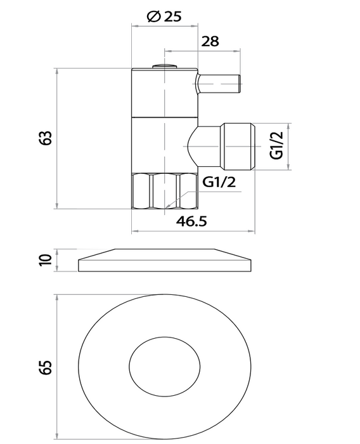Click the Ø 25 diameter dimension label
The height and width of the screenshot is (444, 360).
(x=164, y=17)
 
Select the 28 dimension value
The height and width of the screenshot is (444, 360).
(x=210, y=42)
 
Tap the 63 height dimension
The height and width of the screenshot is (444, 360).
(x=44, y=138)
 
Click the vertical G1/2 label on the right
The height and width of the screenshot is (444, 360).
(x=276, y=146)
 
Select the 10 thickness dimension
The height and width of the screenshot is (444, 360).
(x=44, y=260)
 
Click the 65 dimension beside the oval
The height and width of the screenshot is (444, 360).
(x=44, y=366)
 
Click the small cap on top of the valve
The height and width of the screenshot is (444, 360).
(x=165, y=65)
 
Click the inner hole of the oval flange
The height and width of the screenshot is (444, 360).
(x=165, y=366)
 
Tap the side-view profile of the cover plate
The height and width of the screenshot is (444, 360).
(x=165, y=261)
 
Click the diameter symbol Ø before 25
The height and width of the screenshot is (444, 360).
(x=152, y=17)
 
